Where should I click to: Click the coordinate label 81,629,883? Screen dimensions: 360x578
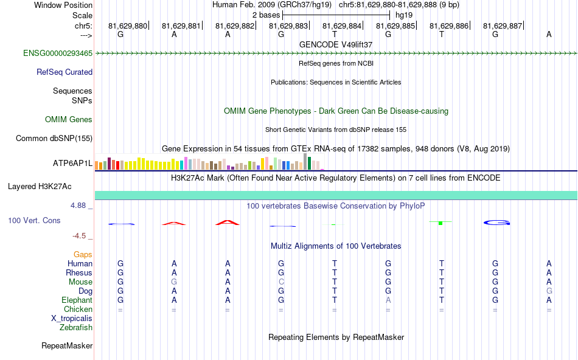(288, 26)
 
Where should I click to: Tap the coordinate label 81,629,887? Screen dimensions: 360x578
(503, 26)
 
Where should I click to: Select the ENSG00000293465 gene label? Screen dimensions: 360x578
(58, 54)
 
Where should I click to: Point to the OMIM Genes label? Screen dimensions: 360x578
(69, 120)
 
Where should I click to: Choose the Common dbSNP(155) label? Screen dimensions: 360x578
(54, 139)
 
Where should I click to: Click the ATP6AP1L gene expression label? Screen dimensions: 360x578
(72, 164)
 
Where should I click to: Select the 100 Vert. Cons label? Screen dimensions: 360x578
(35, 220)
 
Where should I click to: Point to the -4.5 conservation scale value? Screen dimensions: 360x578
(81, 236)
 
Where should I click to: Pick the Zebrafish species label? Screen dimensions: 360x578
(76, 328)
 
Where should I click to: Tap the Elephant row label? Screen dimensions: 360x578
(77, 300)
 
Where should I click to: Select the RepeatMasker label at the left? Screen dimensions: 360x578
(67, 346)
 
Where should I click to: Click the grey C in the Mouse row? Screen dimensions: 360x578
(281, 282)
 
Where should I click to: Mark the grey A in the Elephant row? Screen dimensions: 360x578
(388, 300)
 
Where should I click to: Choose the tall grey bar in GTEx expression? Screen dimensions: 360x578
(305, 162)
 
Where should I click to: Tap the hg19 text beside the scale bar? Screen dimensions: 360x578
(404, 13)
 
